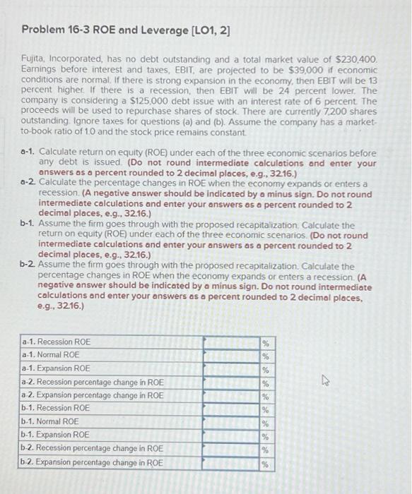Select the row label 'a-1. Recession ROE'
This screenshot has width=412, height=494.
coord(56,342)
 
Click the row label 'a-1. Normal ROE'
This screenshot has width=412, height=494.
coord(52,355)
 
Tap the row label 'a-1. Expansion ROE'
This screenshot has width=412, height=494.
coord(56,368)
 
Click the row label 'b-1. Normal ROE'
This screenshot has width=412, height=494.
coord(51,422)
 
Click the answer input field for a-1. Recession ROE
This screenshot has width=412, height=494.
coord(232,342)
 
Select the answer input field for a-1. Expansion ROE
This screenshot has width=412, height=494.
coord(232,368)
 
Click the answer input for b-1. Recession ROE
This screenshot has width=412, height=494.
coord(232,409)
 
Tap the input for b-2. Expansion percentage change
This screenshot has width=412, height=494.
coord(232,462)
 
